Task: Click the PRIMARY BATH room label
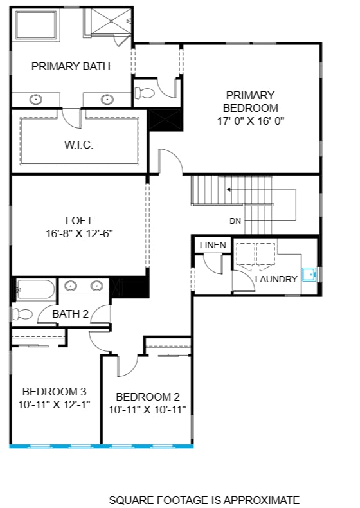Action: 71,66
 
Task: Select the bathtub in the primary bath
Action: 36,26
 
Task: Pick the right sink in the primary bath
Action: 107,100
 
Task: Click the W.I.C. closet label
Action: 78,145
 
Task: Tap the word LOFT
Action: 80,219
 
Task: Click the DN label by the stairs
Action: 236,221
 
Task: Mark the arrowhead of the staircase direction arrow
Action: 228,190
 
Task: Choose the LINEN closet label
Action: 213,246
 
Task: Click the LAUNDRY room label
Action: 276,279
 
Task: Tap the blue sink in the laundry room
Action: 309,275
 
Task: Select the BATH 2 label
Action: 70,314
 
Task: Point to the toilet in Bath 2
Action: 23,314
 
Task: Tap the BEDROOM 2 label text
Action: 147,397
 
